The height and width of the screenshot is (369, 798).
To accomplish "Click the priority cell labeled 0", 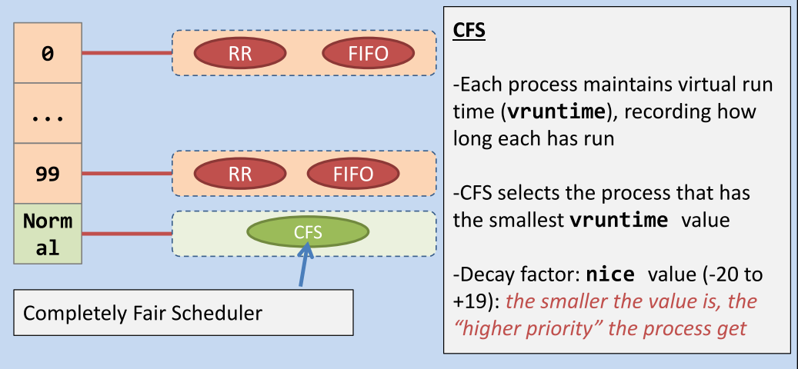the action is (48, 53).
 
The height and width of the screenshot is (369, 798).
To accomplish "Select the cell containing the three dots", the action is (48, 113).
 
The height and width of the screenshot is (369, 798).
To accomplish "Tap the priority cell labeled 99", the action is (48, 173).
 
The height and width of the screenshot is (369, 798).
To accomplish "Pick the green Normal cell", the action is (48, 234).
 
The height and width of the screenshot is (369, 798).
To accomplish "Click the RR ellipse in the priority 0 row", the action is (240, 53).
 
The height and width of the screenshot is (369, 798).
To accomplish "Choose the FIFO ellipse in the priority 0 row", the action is (369, 53).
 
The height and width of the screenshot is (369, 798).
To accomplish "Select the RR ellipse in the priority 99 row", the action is (240, 174).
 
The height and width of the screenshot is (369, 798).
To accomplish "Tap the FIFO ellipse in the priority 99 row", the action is (353, 174).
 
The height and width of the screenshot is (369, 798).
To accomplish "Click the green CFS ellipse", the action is (308, 231).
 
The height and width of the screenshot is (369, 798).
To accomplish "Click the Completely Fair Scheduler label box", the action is (183, 313).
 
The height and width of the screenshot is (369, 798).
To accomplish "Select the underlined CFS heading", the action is (469, 31).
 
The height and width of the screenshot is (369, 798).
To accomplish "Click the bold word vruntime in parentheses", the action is (556, 111).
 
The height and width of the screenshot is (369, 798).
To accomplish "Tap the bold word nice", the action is (610, 274).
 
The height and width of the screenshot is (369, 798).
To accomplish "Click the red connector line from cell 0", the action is (127, 53).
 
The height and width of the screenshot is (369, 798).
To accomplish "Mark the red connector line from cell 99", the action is (127, 173).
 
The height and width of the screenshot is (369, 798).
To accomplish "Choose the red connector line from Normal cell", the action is (127, 234).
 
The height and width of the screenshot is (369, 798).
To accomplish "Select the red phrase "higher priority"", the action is (526, 328).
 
